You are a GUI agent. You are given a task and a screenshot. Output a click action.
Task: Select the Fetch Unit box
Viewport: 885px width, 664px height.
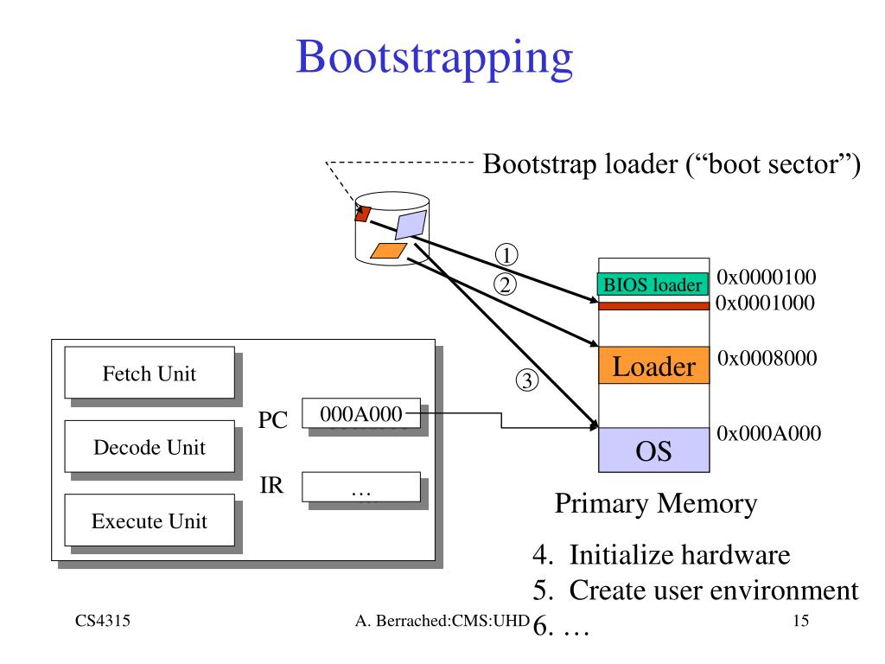pyautogui.click(x=150, y=373)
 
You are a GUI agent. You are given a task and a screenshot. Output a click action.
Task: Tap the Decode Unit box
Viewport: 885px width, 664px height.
pyautogui.click(x=150, y=447)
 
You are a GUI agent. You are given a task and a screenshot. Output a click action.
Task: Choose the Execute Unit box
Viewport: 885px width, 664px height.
pyautogui.click(x=150, y=520)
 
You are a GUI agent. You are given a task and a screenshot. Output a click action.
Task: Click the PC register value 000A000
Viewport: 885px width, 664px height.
pyautogui.click(x=361, y=413)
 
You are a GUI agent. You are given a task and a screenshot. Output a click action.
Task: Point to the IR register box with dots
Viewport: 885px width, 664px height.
pyautogui.click(x=361, y=487)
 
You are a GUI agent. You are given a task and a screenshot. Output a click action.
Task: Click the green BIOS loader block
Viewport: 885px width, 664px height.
pyautogui.click(x=653, y=284)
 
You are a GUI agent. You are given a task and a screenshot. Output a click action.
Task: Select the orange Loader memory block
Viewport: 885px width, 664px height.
pyautogui.click(x=653, y=366)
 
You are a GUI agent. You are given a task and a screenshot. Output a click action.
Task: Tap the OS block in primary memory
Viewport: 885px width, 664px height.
pyautogui.click(x=653, y=450)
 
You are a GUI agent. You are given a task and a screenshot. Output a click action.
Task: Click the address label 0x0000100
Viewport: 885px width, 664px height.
pyautogui.click(x=766, y=277)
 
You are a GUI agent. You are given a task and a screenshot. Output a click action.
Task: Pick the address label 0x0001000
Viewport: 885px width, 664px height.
pyautogui.click(x=765, y=303)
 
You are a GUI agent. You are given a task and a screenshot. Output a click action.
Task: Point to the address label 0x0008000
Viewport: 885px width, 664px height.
pyautogui.click(x=767, y=357)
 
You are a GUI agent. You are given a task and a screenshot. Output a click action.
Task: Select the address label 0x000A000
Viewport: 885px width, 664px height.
pyautogui.click(x=768, y=433)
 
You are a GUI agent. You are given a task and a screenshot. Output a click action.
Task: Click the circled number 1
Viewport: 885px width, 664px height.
pyautogui.click(x=506, y=255)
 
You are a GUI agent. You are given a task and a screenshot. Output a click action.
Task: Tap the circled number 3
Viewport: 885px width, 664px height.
pyautogui.click(x=526, y=380)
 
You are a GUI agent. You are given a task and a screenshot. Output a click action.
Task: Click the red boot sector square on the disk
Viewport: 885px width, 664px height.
pyautogui.click(x=362, y=214)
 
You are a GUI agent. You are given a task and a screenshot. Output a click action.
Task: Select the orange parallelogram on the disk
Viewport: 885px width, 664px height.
pyautogui.click(x=388, y=251)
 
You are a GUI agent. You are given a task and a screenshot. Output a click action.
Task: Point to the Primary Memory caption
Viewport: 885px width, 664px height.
pyautogui.click(x=656, y=504)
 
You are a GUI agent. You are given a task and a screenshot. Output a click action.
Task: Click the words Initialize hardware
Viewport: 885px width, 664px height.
pyautogui.click(x=679, y=554)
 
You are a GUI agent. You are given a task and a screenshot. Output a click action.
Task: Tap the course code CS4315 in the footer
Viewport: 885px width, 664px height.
pyautogui.click(x=103, y=621)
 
